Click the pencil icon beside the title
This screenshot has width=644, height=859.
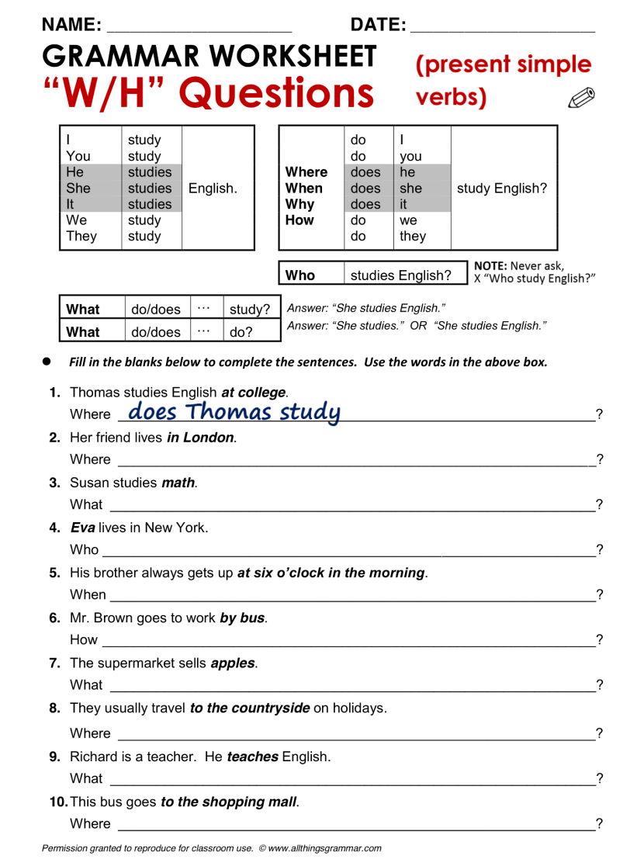coord(581,97)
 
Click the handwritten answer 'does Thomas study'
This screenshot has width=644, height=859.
coord(234,411)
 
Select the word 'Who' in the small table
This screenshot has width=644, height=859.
coord(300,275)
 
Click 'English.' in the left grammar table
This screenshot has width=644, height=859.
coord(213,189)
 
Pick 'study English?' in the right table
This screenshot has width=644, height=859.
coord(502,189)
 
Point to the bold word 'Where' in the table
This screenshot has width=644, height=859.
coord(306,172)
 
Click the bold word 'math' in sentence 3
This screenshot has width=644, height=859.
coord(178,483)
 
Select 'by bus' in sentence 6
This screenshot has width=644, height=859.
coord(243,618)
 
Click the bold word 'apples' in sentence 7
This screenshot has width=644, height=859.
coord(234,663)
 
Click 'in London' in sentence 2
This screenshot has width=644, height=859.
coord(200,438)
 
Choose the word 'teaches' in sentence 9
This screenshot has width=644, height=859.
coord(252,757)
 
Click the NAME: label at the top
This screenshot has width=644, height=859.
coord(72,25)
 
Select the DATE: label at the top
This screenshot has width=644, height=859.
coord(379,25)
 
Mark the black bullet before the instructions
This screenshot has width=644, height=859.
coord(47,362)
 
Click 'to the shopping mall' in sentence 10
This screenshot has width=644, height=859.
coord(229,802)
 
